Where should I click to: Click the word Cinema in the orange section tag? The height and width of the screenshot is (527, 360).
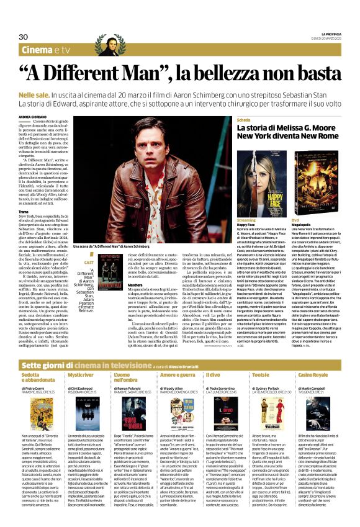[39, 50]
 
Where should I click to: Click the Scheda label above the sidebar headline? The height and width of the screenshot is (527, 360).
[243, 119]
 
